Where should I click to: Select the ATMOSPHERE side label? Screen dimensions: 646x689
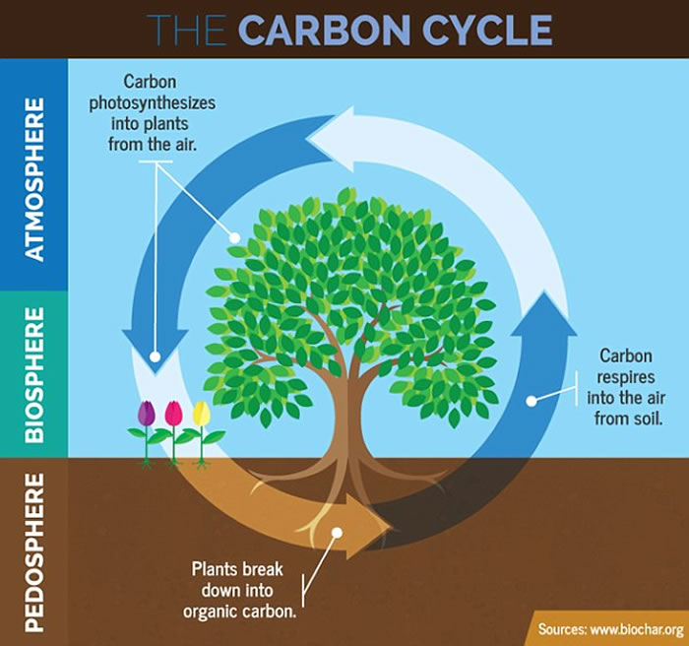[34, 177]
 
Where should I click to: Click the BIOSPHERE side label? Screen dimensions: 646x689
[34, 374]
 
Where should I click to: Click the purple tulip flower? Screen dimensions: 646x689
[147, 414]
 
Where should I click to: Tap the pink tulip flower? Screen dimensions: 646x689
[173, 414]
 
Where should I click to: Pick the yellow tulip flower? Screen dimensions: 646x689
[201, 413]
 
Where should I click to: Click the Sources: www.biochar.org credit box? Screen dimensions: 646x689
[610, 628]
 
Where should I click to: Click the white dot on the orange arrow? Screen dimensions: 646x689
[337, 533]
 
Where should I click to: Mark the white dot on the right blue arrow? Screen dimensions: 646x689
[531, 400]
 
